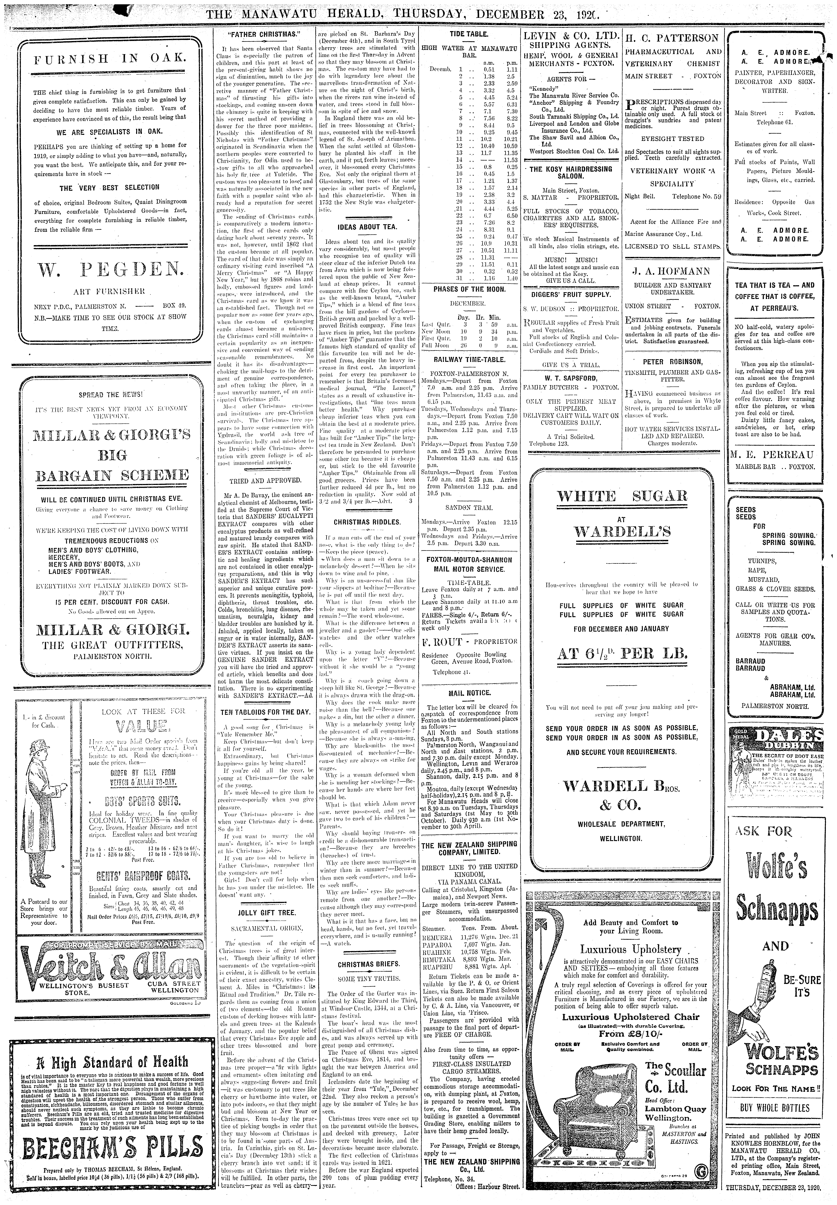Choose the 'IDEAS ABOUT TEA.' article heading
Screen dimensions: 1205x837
[x=367, y=227]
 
